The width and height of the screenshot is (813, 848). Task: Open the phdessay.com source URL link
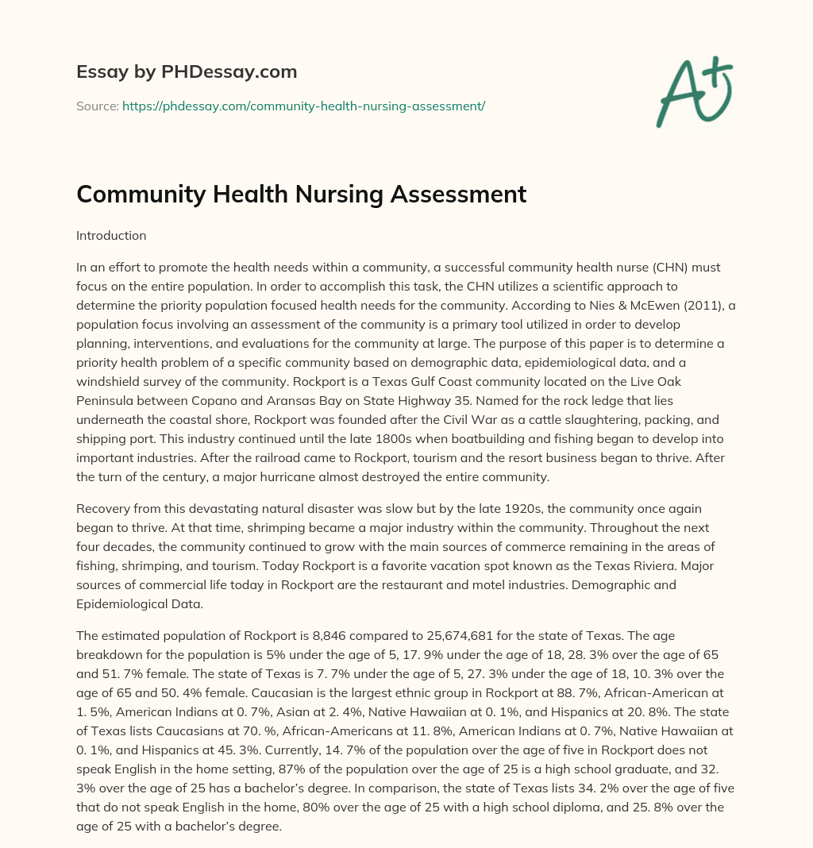click(x=303, y=105)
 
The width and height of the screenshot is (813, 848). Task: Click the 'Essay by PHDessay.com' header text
click(x=187, y=71)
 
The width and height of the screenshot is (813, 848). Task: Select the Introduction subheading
click(x=111, y=236)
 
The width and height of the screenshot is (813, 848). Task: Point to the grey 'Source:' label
click(x=98, y=105)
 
